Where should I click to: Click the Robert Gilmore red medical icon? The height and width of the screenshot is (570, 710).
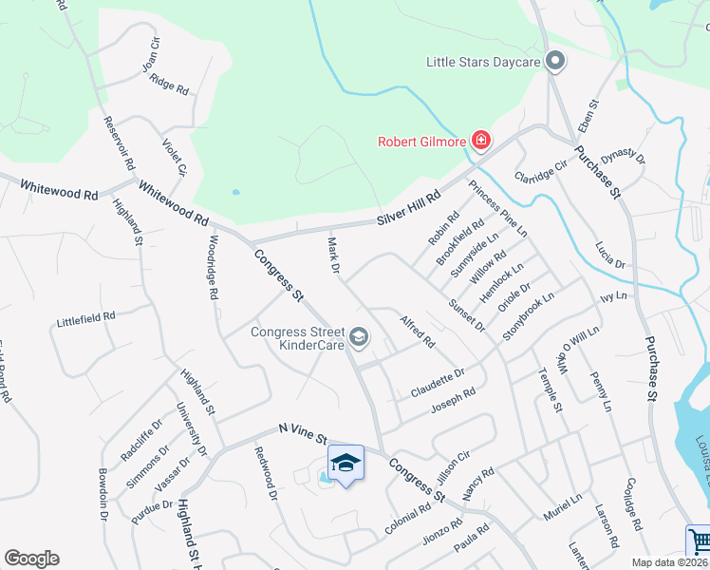point(481,142)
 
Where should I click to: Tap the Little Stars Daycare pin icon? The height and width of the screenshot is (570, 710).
point(556,63)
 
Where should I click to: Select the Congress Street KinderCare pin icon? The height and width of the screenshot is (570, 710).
point(359,335)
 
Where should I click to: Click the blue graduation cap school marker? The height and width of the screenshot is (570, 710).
point(346,464)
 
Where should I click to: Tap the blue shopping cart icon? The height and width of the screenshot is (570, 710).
point(699,541)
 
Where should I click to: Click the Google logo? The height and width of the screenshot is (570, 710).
point(31,559)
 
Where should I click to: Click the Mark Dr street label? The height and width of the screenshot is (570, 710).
point(334,257)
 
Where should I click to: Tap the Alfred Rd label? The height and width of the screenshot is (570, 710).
point(418,329)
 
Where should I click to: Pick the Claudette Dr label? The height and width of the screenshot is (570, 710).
point(439,383)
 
